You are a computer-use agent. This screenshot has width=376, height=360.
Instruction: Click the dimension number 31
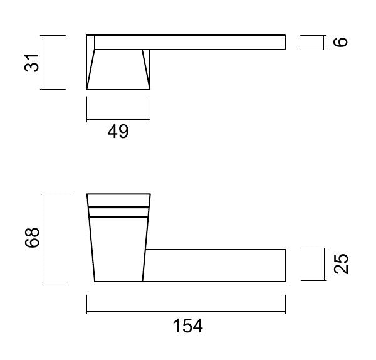[31, 63]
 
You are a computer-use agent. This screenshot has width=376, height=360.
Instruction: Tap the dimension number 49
[118, 132]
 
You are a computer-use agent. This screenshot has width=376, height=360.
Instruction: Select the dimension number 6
[340, 42]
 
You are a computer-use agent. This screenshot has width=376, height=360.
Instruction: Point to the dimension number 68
[32, 237]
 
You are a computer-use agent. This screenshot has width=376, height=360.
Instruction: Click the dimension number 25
[341, 264]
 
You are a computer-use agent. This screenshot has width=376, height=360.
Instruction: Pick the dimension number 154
[188, 326]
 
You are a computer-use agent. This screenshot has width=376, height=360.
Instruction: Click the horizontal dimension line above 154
[186, 312]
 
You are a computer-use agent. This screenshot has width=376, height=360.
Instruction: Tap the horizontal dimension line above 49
[118, 119]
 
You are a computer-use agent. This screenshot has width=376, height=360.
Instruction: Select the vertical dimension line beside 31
[43, 62]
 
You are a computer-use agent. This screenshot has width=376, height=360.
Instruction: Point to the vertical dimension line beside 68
[43, 238]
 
